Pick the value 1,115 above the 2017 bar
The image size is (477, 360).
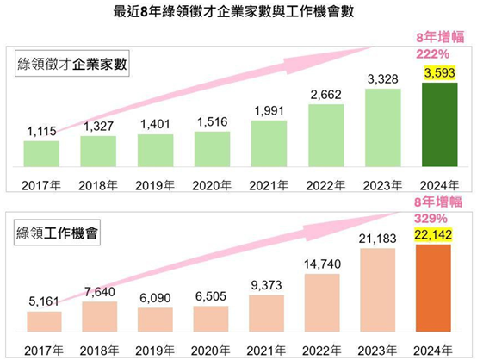point(41,131)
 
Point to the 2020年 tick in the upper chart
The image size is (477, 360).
point(212,184)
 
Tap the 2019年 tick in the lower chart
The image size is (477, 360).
point(155,350)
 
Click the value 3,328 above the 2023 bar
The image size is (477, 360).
point(382,79)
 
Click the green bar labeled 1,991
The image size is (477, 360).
point(269,143)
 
